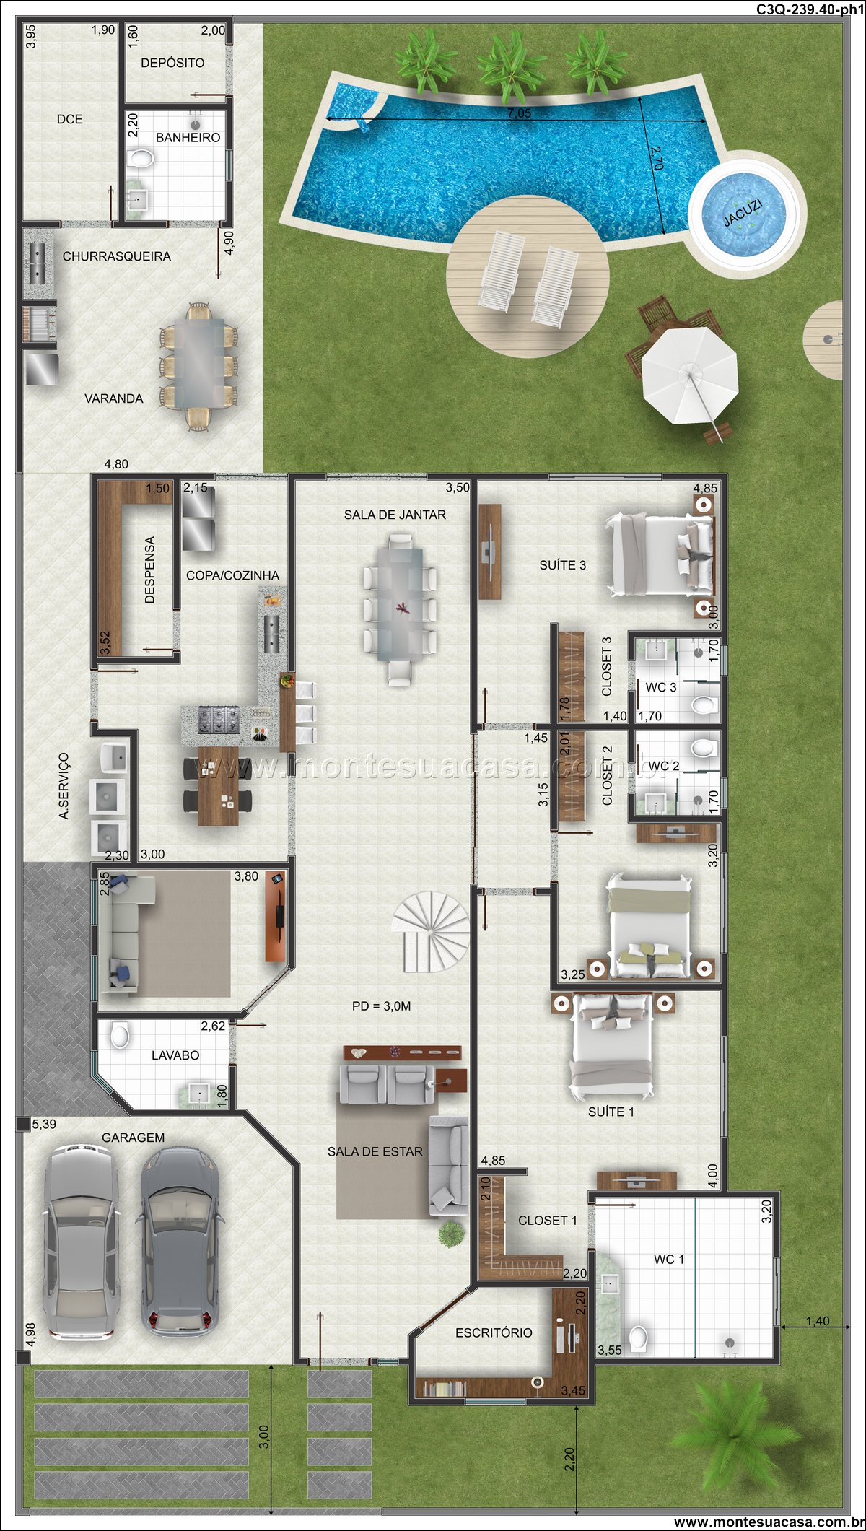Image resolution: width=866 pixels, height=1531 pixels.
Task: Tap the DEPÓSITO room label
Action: pyautogui.click(x=172, y=63)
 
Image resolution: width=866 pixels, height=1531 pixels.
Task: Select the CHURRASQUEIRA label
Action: pyautogui.click(x=117, y=256)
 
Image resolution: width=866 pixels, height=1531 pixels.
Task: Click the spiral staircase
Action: pyautogui.click(x=430, y=931)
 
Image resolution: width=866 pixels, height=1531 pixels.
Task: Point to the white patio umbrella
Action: pyautogui.click(x=689, y=375)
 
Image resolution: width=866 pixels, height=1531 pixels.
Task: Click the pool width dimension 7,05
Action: pyautogui.click(x=519, y=113)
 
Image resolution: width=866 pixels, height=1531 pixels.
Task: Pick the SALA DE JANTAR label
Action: pyautogui.click(x=395, y=515)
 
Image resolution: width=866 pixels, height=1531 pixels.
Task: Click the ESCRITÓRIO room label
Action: pyautogui.click(x=494, y=1332)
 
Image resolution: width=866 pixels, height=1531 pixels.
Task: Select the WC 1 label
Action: pyautogui.click(x=669, y=1259)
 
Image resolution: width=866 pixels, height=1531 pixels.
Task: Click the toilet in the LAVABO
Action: pyautogui.click(x=120, y=1035)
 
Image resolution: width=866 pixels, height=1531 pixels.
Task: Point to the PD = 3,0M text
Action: pyautogui.click(x=381, y=1006)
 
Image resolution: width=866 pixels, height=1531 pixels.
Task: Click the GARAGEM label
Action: pyautogui.click(x=133, y=1137)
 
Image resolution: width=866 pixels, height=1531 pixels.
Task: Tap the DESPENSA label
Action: pyautogui.click(x=150, y=570)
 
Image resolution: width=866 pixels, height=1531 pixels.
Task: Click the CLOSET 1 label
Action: pyautogui.click(x=548, y=1220)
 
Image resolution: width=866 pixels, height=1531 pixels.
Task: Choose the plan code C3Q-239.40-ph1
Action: pyautogui.click(x=809, y=9)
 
